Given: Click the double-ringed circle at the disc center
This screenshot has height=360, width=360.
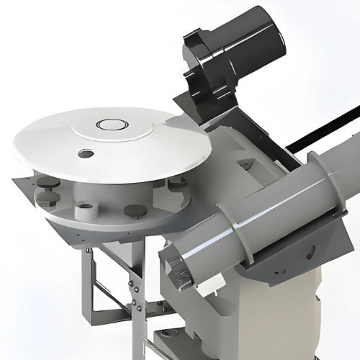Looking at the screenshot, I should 112,124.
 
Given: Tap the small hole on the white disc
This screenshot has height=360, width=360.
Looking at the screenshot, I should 86,153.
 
